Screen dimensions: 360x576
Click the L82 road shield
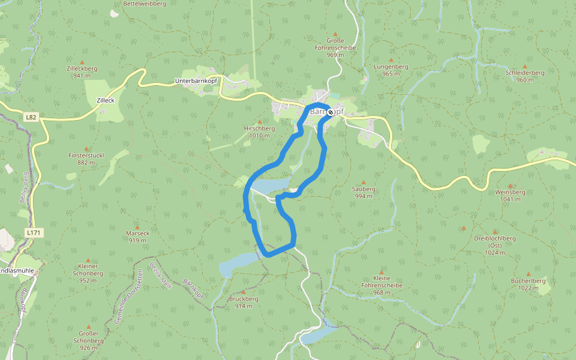click(x=31, y=117)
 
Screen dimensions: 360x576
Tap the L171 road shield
click(x=34, y=232)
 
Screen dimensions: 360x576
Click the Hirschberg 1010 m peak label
click(x=259, y=131)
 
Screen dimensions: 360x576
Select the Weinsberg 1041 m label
click(x=510, y=195)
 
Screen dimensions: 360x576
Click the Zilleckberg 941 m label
click(x=82, y=72)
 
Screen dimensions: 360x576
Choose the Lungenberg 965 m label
click(x=391, y=70)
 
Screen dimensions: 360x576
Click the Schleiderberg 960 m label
click(x=524, y=76)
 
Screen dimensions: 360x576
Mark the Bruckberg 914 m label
click(x=244, y=302)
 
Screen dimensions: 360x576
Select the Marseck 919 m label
click(x=137, y=236)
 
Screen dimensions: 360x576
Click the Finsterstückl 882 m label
click(x=86, y=158)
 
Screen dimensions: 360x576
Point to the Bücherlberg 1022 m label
click(x=528, y=284)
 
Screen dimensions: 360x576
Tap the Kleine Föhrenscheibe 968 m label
click(x=382, y=285)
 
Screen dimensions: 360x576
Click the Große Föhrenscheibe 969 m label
click(x=335, y=47)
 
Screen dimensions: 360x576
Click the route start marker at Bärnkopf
click(x=331, y=112)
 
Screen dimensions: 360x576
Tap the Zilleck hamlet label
click(x=105, y=100)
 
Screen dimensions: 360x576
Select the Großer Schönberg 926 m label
click(x=89, y=340)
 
